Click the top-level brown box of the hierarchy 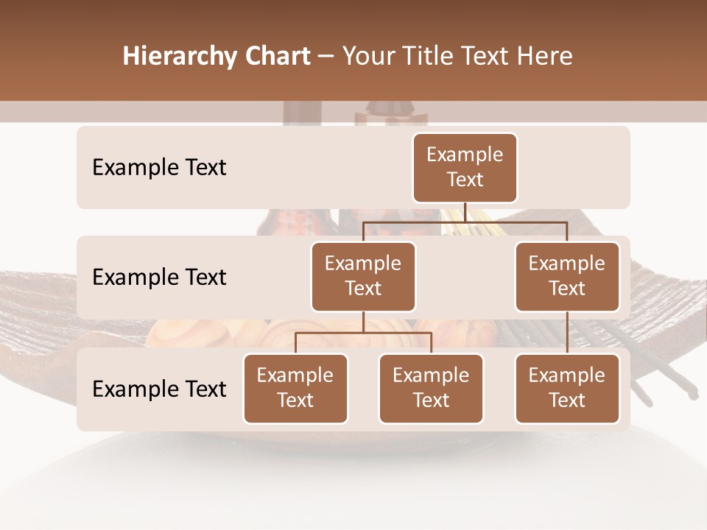coord(465,167)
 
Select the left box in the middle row coord(363,276)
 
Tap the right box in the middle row coord(567,276)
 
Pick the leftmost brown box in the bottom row coord(295,388)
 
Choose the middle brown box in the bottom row coord(431,388)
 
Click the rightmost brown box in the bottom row coord(567,388)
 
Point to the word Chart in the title coord(276,56)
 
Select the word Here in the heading coord(544,56)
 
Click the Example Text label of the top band coord(159,168)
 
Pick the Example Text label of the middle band coord(159,278)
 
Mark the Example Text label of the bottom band coord(159,389)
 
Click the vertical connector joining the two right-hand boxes coord(567,333)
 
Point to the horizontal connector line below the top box coord(465,221)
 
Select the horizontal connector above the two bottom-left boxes coord(363,333)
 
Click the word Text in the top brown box coord(465,180)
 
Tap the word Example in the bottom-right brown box coord(567,375)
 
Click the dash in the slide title coord(326,56)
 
